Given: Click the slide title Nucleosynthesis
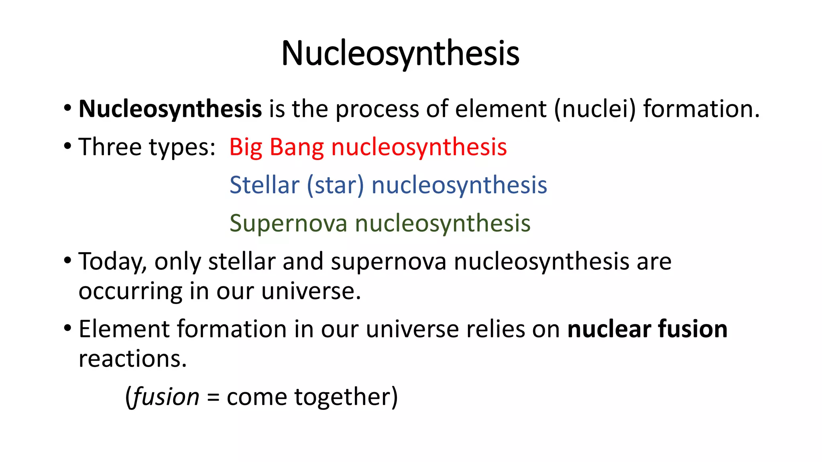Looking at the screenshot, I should point(400,54).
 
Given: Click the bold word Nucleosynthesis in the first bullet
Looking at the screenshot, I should point(170,109).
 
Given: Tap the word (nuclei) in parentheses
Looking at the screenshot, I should point(595,109).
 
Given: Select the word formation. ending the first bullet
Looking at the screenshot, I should point(702,109).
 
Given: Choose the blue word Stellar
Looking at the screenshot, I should point(265,185).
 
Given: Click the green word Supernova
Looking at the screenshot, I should point(288,223).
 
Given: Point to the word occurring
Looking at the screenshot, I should point(130,292).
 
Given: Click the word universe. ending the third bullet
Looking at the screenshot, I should point(311,291).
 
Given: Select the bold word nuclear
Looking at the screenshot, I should point(609,329).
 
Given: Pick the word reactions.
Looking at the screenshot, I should point(132,359).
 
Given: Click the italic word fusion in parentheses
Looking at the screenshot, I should point(165,397).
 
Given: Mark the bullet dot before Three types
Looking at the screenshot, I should point(67,146).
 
